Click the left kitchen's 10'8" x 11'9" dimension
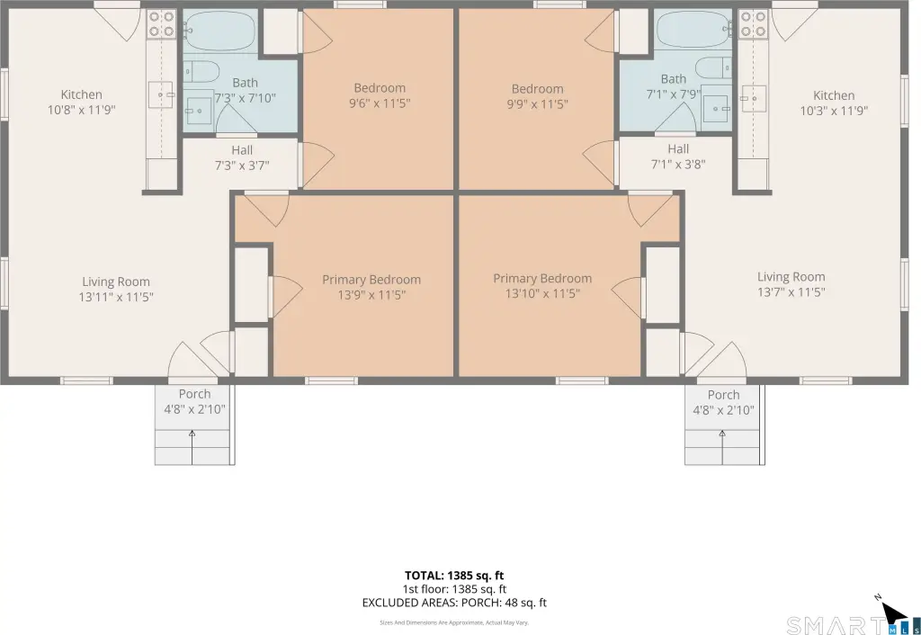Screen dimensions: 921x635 pyautogui.click(x=82, y=110)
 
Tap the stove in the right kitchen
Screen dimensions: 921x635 pyautogui.click(x=753, y=24)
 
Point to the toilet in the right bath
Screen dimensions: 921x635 pyautogui.click(x=713, y=67)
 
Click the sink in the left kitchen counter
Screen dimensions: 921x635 pyautogui.click(x=160, y=94)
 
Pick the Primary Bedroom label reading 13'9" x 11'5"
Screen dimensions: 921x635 pyautogui.click(x=371, y=287)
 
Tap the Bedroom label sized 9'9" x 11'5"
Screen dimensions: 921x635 pyautogui.click(x=538, y=96)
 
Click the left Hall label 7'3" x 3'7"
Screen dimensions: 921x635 pyautogui.click(x=242, y=158)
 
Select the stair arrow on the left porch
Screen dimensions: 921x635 pyautogui.click(x=192, y=447)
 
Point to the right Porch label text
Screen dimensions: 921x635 pyautogui.click(x=724, y=395)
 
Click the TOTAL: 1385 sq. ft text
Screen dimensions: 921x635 pyautogui.click(x=454, y=576)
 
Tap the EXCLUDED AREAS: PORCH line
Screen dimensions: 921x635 pyautogui.click(x=454, y=603)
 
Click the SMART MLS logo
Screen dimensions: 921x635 pyautogui.click(x=853, y=625)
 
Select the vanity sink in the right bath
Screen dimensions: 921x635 pyautogui.click(x=716, y=109)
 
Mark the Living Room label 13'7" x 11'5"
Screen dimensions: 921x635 pyautogui.click(x=791, y=285)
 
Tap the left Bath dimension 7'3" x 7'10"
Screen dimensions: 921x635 pyautogui.click(x=245, y=98)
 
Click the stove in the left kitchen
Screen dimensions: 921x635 pyautogui.click(x=162, y=24)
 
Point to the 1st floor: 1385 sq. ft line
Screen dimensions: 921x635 pyautogui.click(x=454, y=589)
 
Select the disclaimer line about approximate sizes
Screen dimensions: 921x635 pyautogui.click(x=454, y=622)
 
